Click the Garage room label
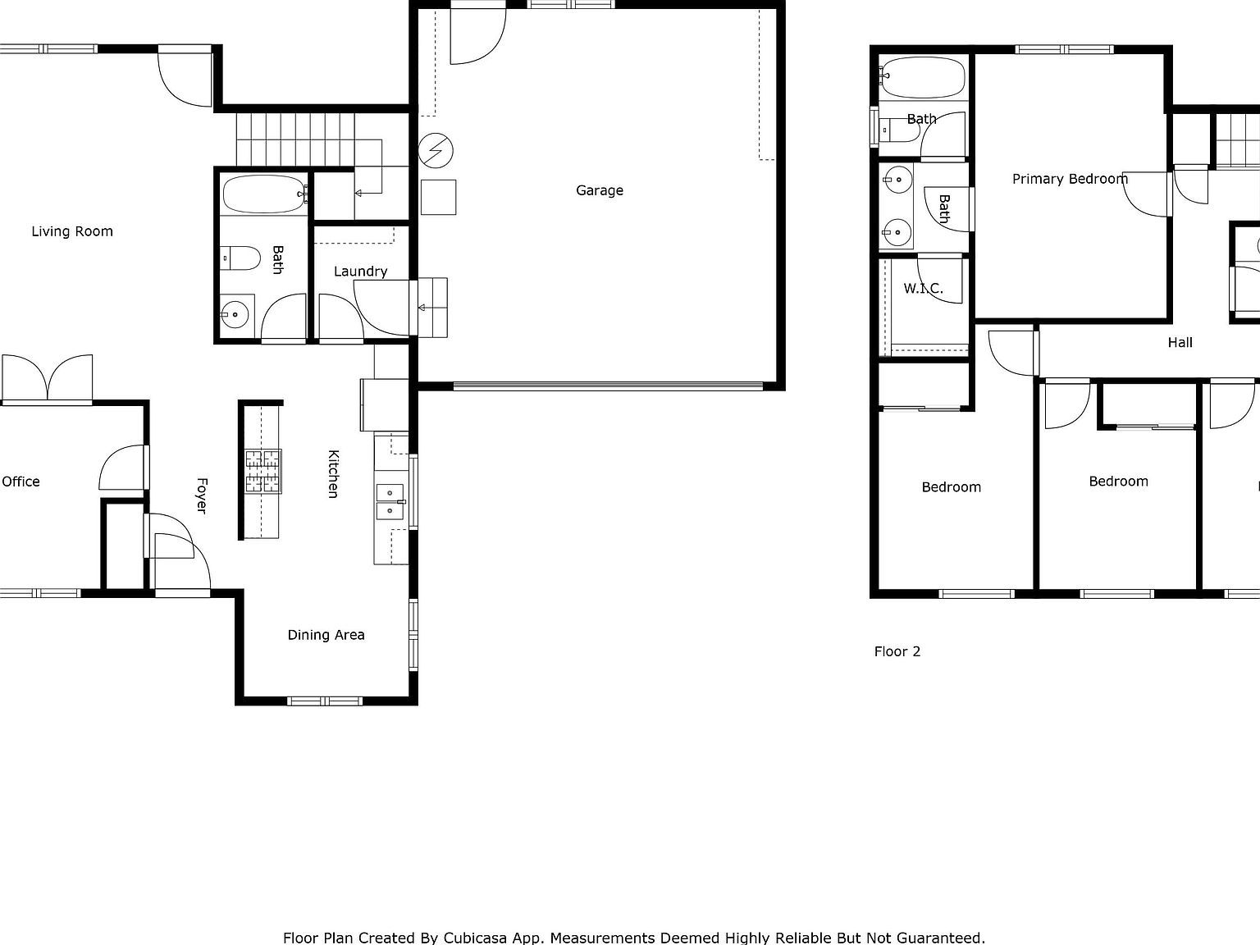coord(599,190)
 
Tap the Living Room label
coord(72,231)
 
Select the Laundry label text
coord(360,272)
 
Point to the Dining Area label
coord(326,635)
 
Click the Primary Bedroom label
coord(1070,179)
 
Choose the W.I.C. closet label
coord(923,289)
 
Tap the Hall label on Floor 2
coord(1180,343)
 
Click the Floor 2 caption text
coord(897,651)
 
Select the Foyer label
coord(202,495)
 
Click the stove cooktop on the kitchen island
coord(262,471)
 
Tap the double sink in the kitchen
coord(390,502)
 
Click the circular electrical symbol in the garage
coord(435,150)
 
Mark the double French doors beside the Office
coord(48,379)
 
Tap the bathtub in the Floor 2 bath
coord(922,77)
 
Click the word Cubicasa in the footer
coord(474,938)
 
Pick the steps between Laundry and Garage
coord(432,308)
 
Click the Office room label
coord(21,482)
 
